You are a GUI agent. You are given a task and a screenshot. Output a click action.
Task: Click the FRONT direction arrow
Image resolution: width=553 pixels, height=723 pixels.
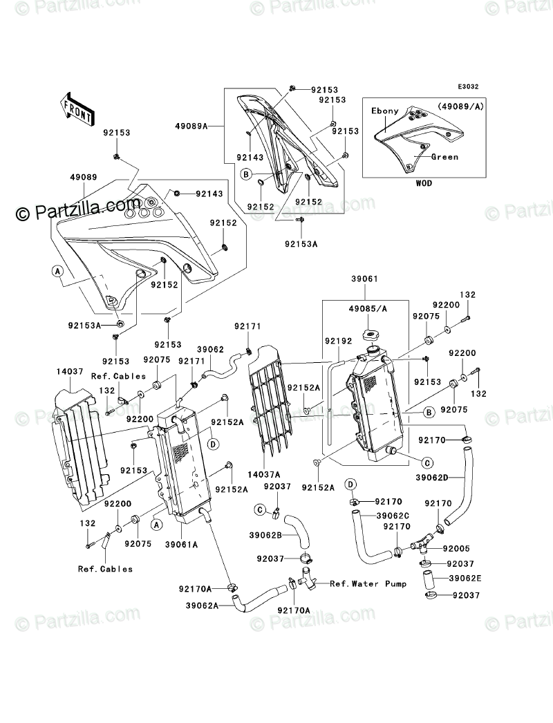pos(77,108)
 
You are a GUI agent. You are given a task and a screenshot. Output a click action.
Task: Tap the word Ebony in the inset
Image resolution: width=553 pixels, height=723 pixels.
pos(385,111)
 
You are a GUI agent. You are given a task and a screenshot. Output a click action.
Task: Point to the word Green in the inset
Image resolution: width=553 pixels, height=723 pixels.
pos(444,157)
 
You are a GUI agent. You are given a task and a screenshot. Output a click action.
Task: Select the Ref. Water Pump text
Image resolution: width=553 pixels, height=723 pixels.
pos(368,583)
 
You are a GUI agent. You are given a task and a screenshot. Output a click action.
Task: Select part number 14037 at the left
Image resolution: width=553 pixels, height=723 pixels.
pos(68,370)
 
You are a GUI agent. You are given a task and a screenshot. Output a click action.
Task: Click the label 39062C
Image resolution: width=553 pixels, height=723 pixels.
pos(393,516)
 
